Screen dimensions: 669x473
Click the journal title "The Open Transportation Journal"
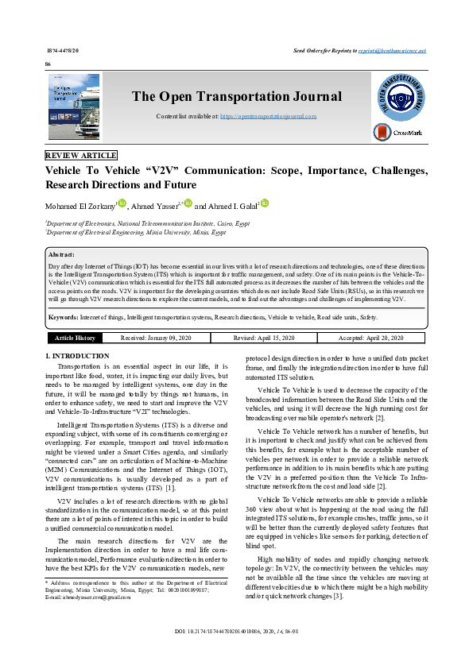tap(236, 97)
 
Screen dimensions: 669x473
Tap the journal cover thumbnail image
tap(74, 107)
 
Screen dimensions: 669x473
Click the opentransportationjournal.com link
tap(268, 116)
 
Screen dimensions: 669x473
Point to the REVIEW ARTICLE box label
tap(81, 156)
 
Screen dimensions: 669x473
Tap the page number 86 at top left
tap(48, 64)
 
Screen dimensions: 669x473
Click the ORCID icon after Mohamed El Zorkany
tap(122, 203)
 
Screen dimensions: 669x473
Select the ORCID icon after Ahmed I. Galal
tap(265, 203)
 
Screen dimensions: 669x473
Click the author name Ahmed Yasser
tap(155, 205)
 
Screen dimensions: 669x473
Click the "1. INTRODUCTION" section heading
tap(77, 356)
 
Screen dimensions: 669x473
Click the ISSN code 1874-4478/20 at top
tap(63, 50)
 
